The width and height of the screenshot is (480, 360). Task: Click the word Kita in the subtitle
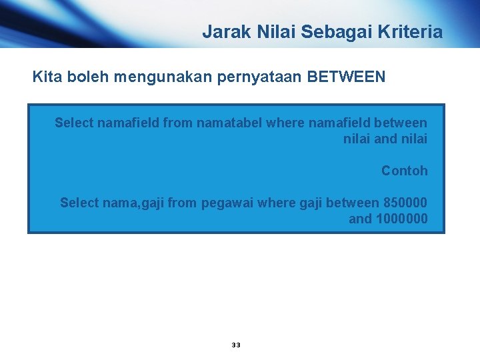[x=46, y=77]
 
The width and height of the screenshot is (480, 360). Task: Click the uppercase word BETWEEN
[x=346, y=77]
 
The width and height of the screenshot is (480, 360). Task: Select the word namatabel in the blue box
[x=227, y=123]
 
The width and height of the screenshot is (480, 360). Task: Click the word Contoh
[x=404, y=171]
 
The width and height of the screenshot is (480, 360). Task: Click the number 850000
[x=405, y=202]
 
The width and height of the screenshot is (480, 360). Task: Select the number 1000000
[x=402, y=219]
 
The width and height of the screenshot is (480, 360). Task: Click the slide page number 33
[x=236, y=345]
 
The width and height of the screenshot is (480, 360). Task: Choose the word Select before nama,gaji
[x=79, y=202]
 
